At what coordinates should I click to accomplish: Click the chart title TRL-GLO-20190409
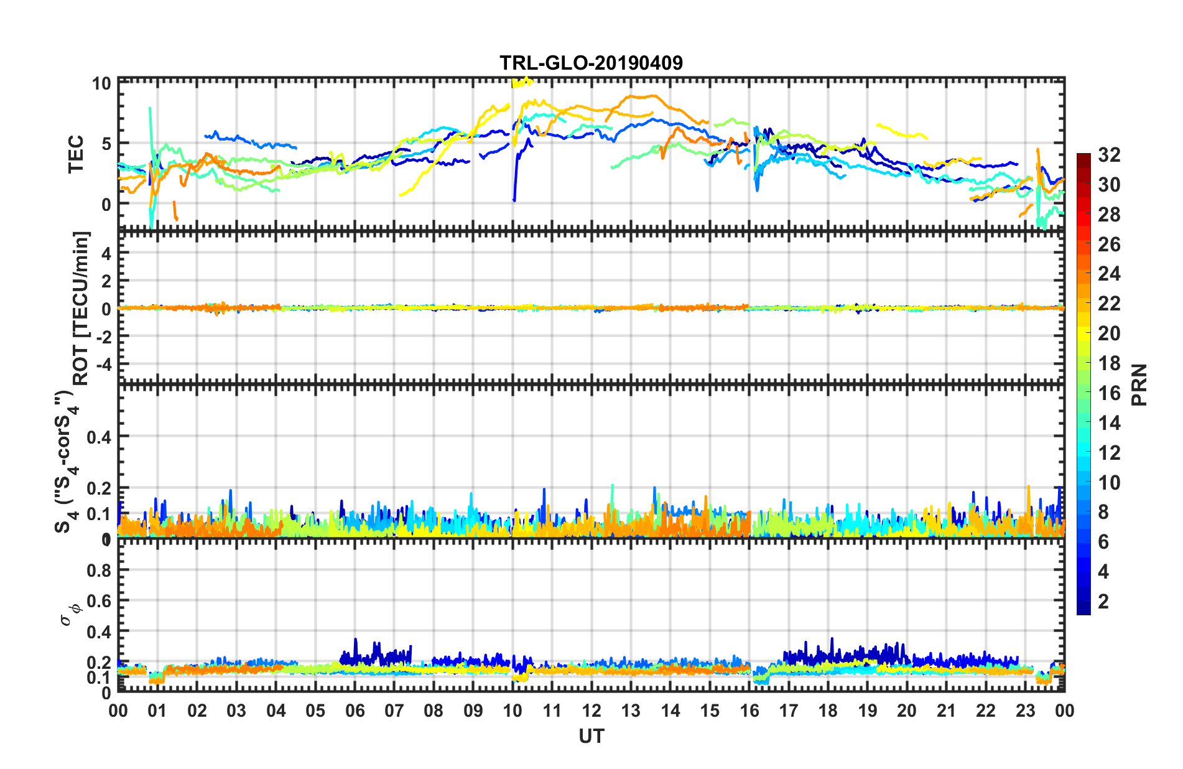(591, 63)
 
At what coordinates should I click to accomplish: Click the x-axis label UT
(591, 737)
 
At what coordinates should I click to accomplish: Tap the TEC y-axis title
(76, 154)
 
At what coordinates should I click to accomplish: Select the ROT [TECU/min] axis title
(81, 309)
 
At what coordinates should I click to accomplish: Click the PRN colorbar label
(1139, 384)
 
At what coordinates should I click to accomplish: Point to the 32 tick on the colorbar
(1109, 155)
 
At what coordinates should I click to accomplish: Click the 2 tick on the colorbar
(1103, 601)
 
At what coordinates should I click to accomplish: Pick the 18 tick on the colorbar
(1109, 363)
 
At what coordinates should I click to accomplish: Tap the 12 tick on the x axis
(591, 711)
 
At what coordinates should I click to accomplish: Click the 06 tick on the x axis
(355, 711)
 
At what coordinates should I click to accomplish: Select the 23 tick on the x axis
(1025, 711)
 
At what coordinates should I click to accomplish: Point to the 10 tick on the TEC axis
(101, 83)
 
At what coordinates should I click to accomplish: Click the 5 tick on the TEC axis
(106, 144)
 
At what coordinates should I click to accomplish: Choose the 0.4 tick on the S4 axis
(98, 437)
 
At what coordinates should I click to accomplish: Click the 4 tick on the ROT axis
(106, 253)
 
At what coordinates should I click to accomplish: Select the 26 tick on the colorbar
(1109, 245)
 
